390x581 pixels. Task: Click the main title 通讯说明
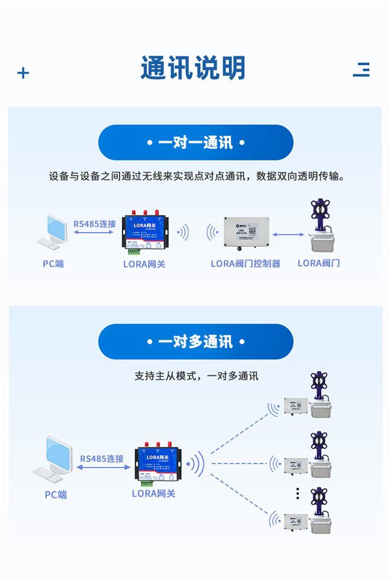(x=193, y=68)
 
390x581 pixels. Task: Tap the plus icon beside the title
(x=23, y=73)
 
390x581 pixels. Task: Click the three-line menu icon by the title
(x=361, y=70)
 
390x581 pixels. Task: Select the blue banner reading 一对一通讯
(x=196, y=143)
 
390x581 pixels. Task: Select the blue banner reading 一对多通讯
(x=196, y=342)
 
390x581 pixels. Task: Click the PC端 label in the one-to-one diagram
(x=53, y=264)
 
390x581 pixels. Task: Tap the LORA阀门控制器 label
(x=245, y=264)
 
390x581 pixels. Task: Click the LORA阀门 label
(x=318, y=263)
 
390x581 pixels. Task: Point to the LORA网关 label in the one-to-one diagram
(x=144, y=264)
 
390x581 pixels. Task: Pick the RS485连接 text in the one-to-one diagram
(x=95, y=224)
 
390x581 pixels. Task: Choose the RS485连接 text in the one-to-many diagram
(x=102, y=459)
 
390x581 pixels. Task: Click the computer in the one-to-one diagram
(x=52, y=231)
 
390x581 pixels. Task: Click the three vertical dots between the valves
(x=298, y=493)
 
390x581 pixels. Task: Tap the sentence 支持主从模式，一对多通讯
(x=196, y=376)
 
